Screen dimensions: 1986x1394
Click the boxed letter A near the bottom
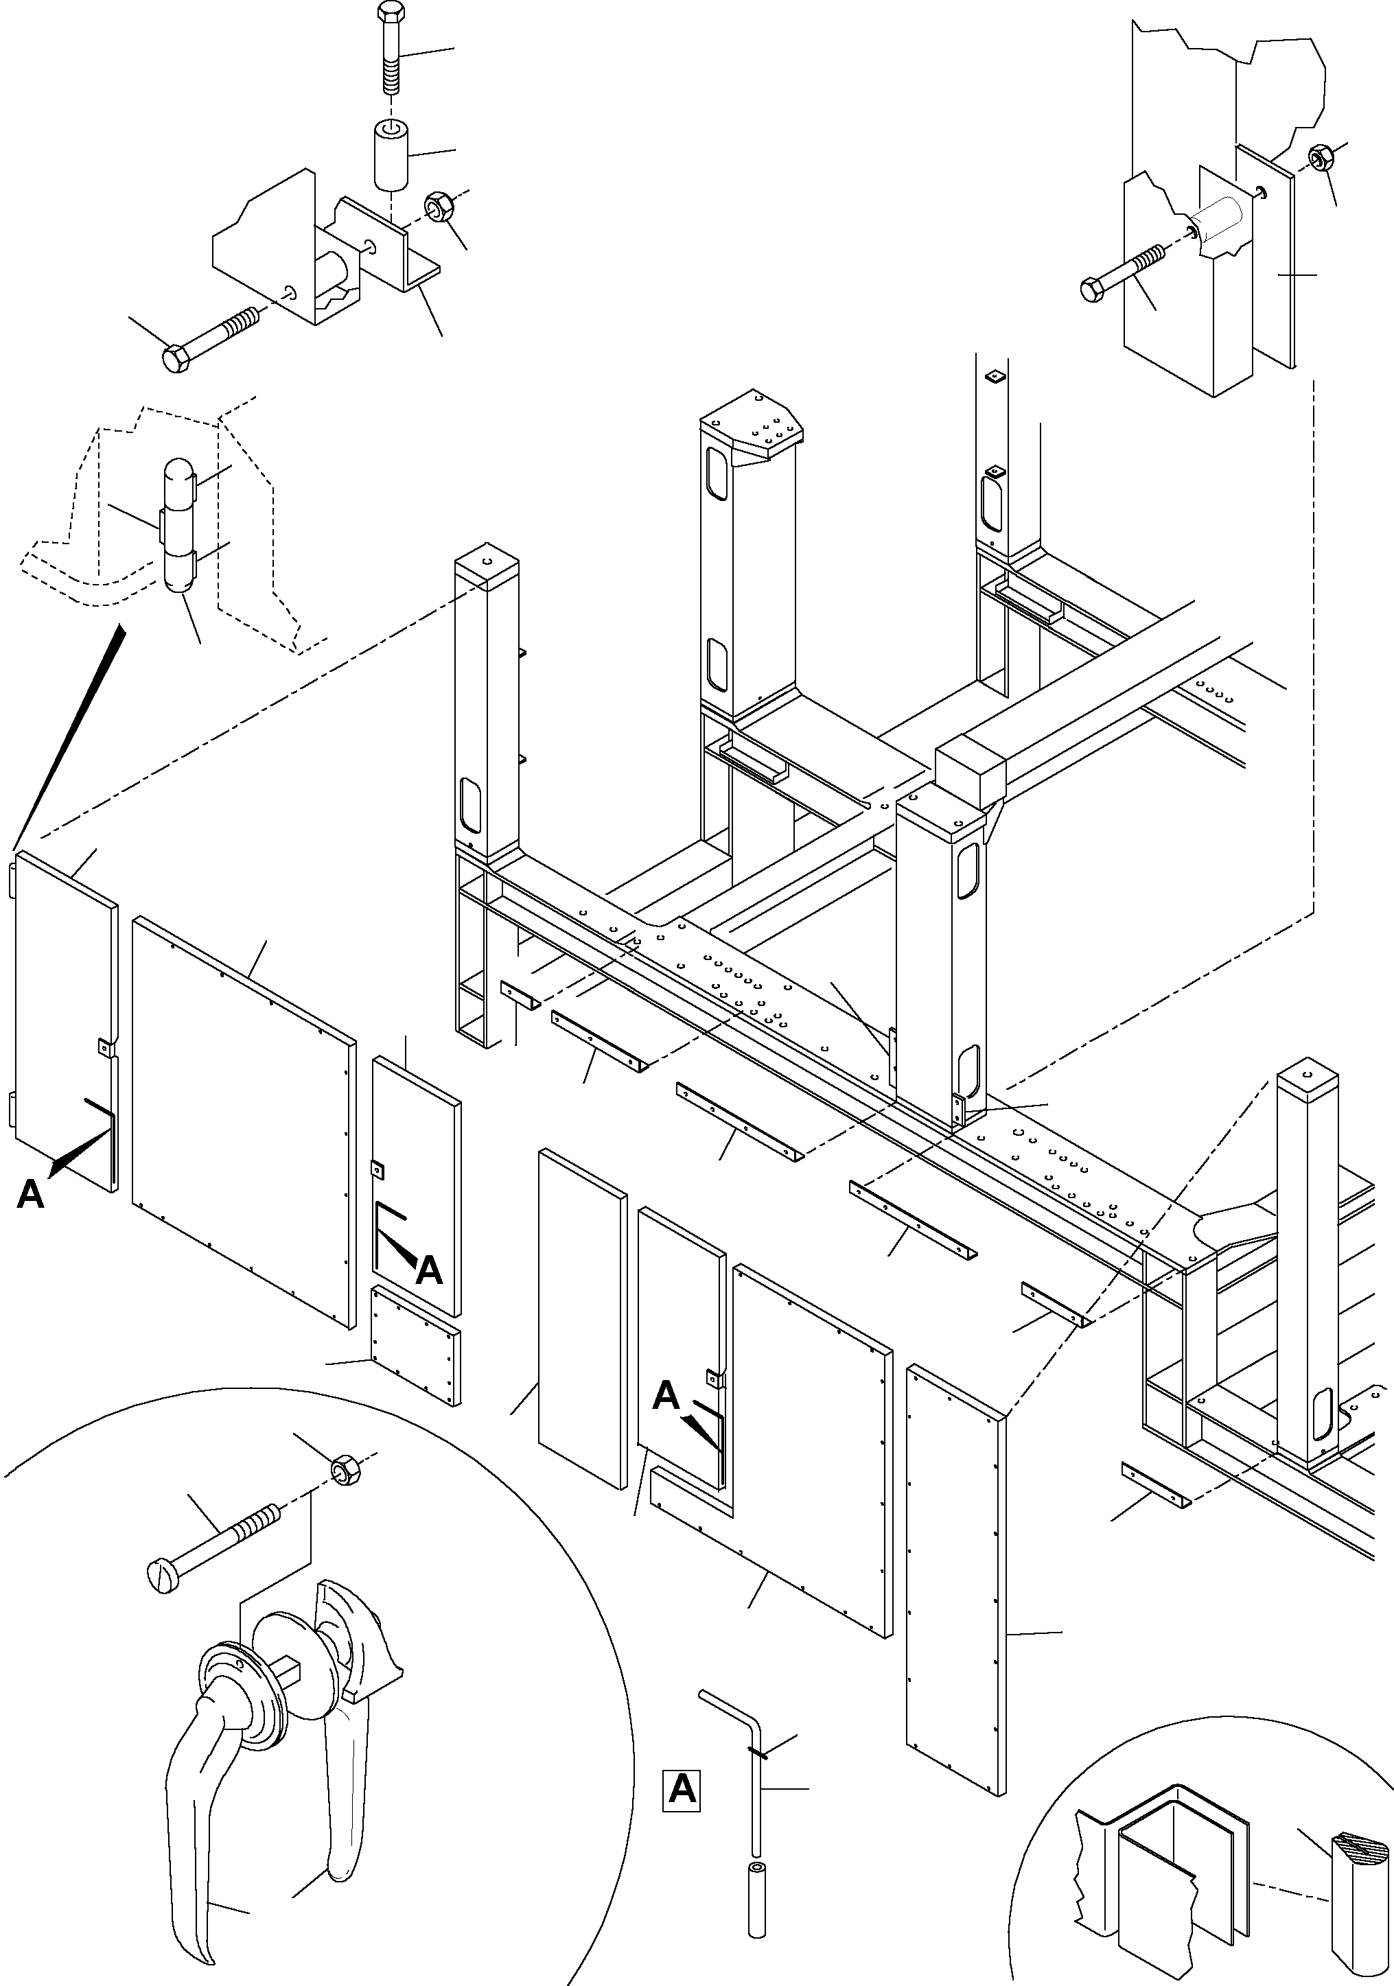(682, 1790)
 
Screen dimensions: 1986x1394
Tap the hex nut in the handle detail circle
(345, 1470)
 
